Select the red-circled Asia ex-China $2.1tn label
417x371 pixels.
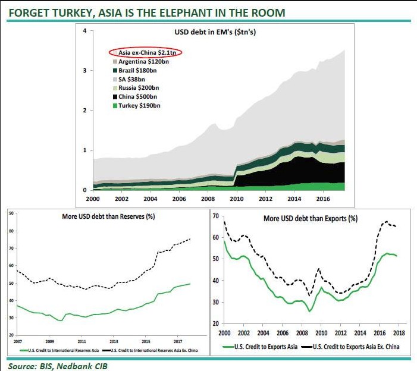(x=146, y=52)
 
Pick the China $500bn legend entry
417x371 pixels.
(x=137, y=96)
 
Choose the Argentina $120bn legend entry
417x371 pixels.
(x=143, y=61)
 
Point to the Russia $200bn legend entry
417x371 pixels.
(x=138, y=87)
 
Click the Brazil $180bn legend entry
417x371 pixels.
(x=137, y=70)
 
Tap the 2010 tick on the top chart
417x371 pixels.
(x=237, y=199)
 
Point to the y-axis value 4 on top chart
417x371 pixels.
(x=84, y=31)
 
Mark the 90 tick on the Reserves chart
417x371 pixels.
(x=11, y=212)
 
